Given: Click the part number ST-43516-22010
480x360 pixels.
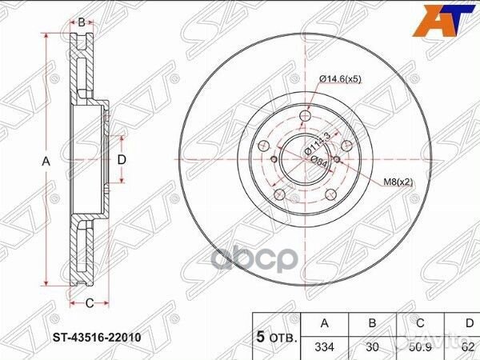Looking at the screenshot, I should tap(97, 336).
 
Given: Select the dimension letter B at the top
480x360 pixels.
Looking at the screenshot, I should tap(82, 21).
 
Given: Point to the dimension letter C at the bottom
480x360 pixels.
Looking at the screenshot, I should tap(90, 302).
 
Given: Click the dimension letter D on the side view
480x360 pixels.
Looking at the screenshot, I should tap(122, 160).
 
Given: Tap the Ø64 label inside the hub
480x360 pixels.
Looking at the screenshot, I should tap(318, 159).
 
